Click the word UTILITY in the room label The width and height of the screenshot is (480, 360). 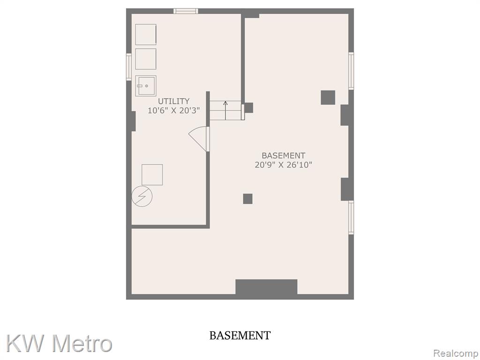pos(173,101)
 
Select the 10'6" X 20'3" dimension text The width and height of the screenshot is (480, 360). pos(173,111)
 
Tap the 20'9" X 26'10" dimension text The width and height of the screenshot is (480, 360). pos(283,165)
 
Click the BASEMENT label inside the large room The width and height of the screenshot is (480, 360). pos(283,156)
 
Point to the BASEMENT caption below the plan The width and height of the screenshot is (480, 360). pos(240,336)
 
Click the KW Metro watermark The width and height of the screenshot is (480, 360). pos(59,343)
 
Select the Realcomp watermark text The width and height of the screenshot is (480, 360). pos(456,353)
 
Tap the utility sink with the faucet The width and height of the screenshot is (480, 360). pos(146,86)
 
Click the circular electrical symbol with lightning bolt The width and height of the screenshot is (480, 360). pos(142,196)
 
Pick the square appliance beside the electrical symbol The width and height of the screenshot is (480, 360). pos(152,175)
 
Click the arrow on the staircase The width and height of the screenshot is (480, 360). pos(225,111)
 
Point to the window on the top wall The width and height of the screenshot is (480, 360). pos(186,11)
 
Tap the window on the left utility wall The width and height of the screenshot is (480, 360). pos(129,67)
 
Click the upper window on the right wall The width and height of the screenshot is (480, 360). pos(351,71)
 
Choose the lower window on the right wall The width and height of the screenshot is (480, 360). pos(351,217)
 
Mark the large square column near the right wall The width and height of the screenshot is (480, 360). pos(328,97)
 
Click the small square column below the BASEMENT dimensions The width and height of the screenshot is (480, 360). pos(247,199)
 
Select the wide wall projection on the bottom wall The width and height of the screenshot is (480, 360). pos(266,287)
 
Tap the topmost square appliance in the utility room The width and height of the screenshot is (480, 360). pos(146,35)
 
